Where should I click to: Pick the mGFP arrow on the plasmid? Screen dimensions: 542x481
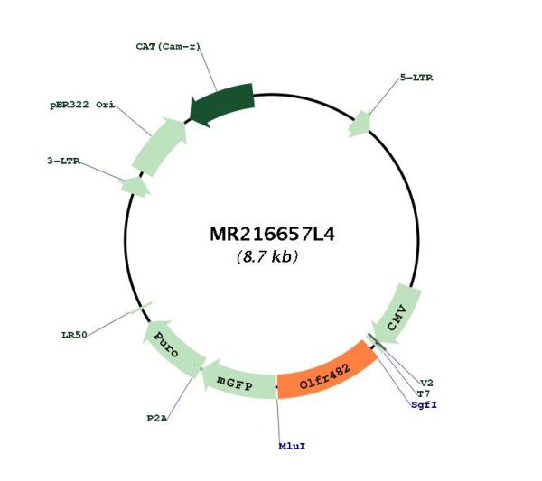238,380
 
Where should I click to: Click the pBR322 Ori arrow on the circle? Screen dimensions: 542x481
160,145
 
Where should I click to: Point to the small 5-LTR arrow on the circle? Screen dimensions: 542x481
360,124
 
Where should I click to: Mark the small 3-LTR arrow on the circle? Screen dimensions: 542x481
135,187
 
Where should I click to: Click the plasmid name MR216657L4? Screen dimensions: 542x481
272,235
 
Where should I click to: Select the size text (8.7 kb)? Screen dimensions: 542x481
267,256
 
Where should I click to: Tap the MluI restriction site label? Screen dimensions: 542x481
292,446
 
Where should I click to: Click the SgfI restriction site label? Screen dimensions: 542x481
425,404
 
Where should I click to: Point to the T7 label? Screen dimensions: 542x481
423,393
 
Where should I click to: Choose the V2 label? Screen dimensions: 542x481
426,383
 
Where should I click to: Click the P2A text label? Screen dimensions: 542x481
157,419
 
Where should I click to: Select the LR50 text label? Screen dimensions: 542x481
74,335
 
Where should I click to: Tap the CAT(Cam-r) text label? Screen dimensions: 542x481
168,46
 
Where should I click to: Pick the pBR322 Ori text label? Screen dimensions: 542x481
82,105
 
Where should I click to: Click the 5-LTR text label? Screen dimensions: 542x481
416,78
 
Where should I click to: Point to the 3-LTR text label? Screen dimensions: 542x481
63,161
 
